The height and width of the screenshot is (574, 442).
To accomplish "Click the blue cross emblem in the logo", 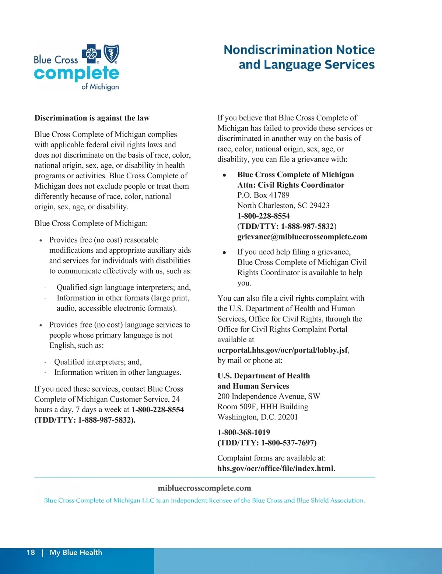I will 91,54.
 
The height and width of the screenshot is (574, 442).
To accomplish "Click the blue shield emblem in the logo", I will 112,54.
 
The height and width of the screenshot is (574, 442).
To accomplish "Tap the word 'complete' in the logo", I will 77,73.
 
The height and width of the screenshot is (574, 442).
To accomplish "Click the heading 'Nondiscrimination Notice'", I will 299,50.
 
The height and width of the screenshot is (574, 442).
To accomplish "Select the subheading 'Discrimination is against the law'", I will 92,118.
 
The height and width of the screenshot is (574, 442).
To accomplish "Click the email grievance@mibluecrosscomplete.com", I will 302,237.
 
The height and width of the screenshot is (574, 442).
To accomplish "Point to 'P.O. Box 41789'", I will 263,195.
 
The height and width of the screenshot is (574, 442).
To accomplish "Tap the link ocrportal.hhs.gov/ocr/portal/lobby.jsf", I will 283,350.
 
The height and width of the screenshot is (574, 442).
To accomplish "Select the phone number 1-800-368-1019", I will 243,432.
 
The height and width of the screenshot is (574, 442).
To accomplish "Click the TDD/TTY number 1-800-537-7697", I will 288,442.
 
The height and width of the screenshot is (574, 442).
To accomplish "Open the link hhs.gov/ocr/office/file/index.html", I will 275,468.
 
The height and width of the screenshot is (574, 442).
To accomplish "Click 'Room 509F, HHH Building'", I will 263,406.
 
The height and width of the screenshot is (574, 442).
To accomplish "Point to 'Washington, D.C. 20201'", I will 257,417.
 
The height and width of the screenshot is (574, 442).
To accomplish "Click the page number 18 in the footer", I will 31,552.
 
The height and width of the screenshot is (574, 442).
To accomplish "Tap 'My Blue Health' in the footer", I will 76,552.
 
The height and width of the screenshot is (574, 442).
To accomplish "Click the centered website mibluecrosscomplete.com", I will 204,488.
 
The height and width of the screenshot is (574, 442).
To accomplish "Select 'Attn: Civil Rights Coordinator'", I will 291,185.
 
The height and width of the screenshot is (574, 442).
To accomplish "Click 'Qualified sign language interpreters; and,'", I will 123,287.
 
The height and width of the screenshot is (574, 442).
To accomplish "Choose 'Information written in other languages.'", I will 117,372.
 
